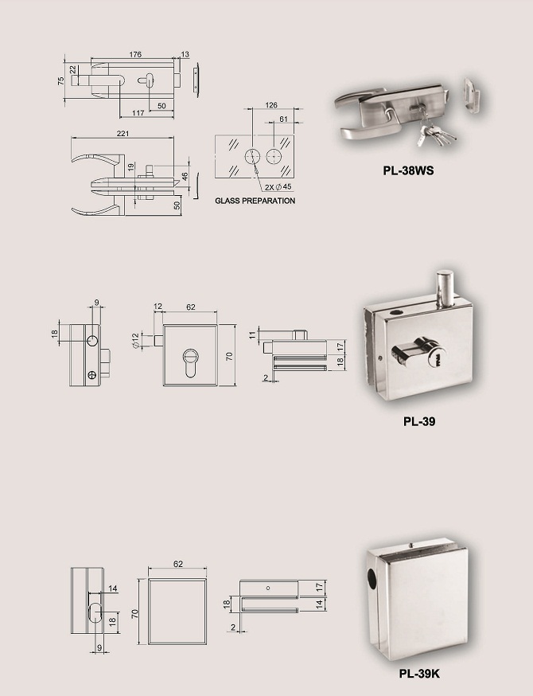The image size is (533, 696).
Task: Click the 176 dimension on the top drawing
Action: pyautogui.click(x=134, y=54)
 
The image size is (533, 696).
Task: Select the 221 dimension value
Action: pyautogui.click(x=122, y=135)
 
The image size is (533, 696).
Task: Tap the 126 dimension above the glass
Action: pyautogui.click(x=270, y=104)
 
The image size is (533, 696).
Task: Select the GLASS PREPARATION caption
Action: pyautogui.click(x=255, y=201)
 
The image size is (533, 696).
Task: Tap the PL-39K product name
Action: pyautogui.click(x=418, y=674)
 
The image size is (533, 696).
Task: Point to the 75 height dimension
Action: pyautogui.click(x=60, y=81)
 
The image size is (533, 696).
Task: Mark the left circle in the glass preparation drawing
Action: pyautogui.click(x=252, y=155)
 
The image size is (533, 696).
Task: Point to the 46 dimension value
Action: pyautogui.click(x=185, y=176)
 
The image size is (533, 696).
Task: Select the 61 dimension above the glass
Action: pyautogui.click(x=283, y=119)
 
